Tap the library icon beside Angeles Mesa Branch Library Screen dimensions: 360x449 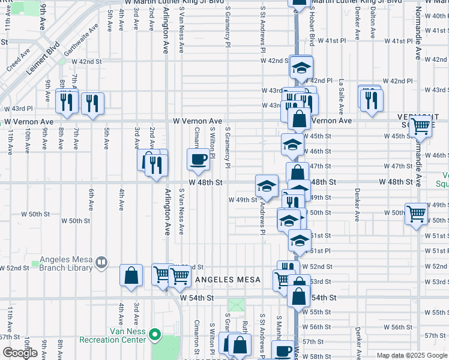(x=101, y=262)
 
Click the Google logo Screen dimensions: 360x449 (x=20, y=353)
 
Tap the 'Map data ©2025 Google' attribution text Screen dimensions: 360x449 (x=412, y=355)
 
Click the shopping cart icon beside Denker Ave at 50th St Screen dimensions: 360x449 (x=415, y=214)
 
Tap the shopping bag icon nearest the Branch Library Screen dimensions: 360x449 (x=131, y=275)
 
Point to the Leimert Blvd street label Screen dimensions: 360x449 (x=43, y=58)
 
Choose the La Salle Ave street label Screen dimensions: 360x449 (x=341, y=95)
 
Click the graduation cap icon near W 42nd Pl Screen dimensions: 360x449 (x=302, y=67)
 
